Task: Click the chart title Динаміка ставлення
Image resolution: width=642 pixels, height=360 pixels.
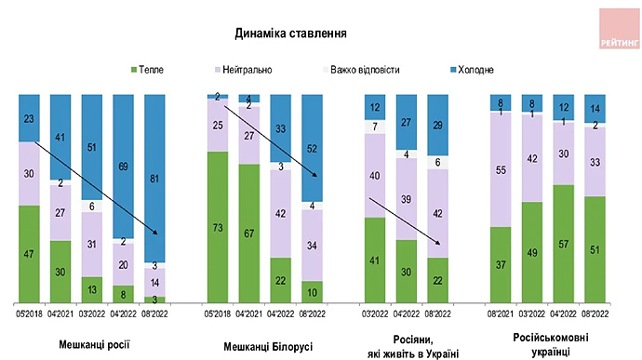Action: [291, 33]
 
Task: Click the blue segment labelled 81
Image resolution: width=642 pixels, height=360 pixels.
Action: [158, 179]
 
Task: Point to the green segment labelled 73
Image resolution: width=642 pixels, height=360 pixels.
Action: [219, 227]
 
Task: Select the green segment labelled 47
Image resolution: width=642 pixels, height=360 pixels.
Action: [30, 253]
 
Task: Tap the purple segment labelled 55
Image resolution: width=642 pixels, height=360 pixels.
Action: [502, 171]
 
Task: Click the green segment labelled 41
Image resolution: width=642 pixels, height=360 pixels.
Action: [375, 260]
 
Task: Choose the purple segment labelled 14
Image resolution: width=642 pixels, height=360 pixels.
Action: [158, 281]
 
